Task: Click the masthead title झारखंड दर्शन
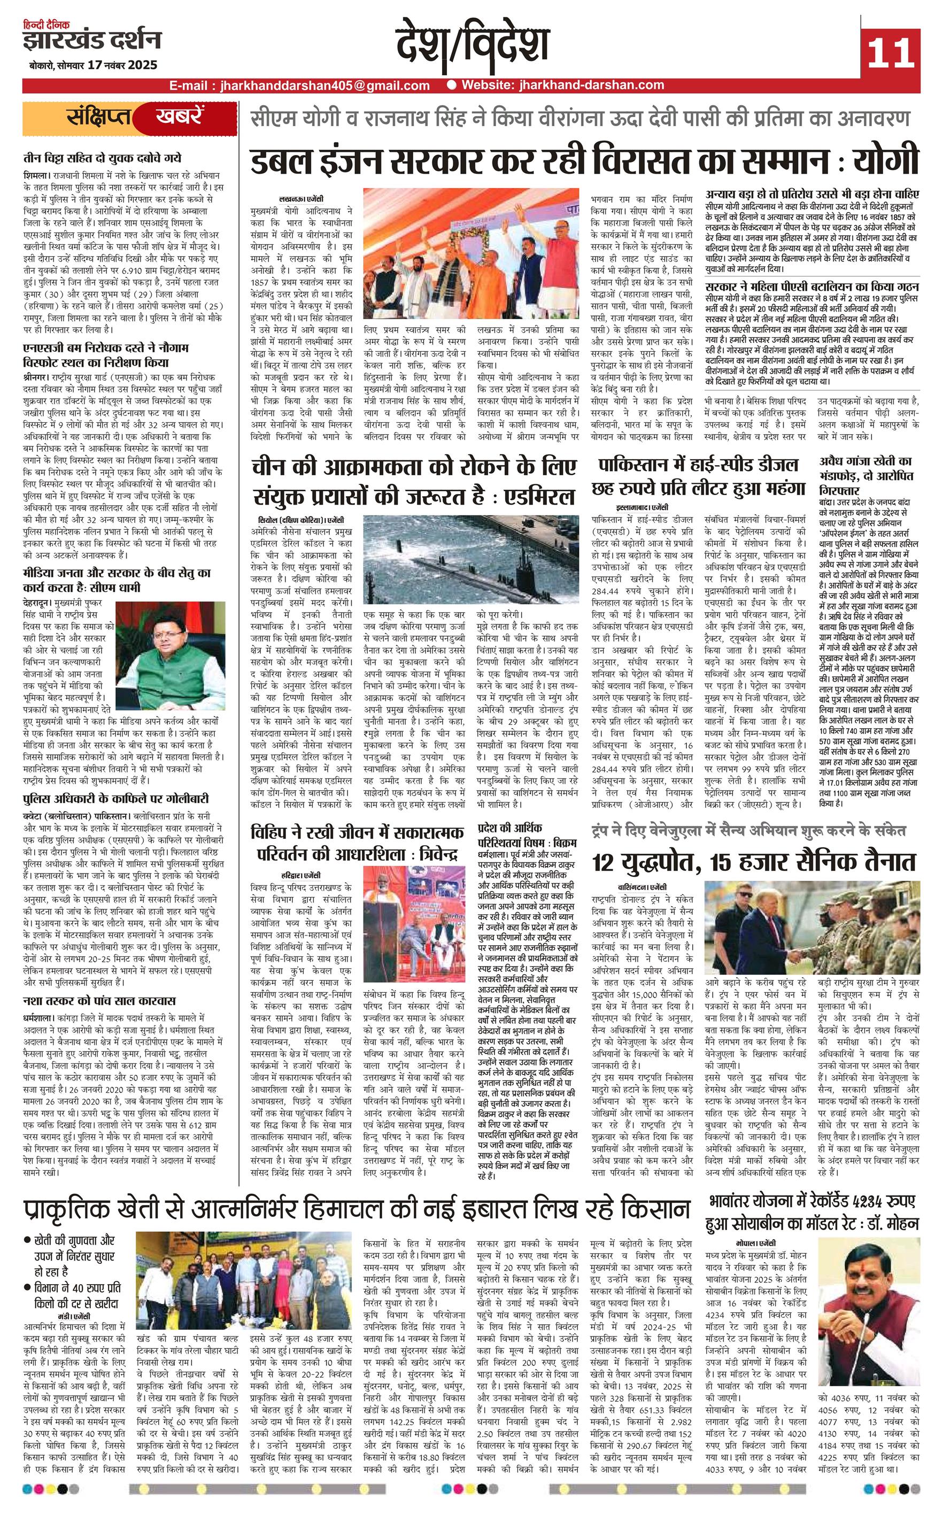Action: click(x=92, y=41)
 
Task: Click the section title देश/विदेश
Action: click(x=472, y=47)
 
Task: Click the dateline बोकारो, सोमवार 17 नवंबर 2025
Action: click(x=92, y=65)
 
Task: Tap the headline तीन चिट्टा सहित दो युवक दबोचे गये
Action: click(x=102, y=158)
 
